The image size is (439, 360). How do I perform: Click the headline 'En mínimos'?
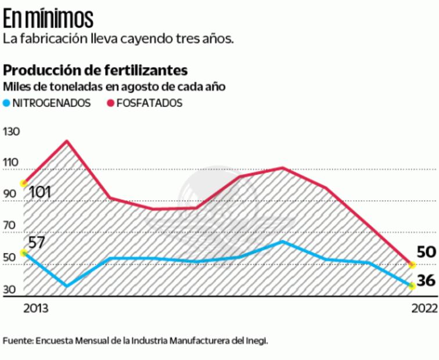[x=48, y=19]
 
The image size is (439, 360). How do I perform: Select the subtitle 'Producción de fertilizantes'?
[x=95, y=71]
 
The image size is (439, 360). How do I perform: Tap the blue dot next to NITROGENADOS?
[x=7, y=103]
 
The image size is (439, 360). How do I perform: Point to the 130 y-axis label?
[x=12, y=132]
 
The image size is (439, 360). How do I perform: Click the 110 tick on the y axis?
[x=12, y=163]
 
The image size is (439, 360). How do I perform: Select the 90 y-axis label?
[x=12, y=195]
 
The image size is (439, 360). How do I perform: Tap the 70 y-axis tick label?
[x=12, y=226]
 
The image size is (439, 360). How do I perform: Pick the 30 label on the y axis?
[x=12, y=290]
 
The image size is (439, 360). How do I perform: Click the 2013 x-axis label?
[x=35, y=308]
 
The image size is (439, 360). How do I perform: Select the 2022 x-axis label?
[x=423, y=308]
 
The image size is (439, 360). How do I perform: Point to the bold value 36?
[x=426, y=280]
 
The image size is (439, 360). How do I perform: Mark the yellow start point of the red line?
[x=24, y=183]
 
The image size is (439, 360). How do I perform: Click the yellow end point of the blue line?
[x=412, y=286]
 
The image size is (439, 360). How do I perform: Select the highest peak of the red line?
[x=67, y=141]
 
